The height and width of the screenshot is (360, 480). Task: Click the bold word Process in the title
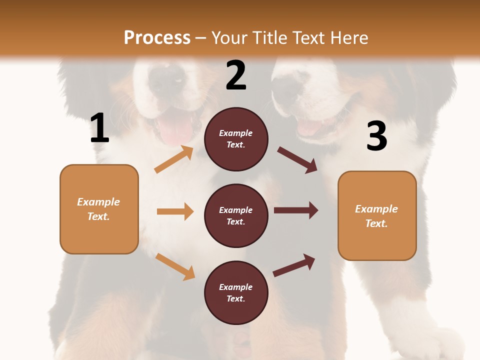[157, 37]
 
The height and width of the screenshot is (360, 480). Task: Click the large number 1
[99, 128]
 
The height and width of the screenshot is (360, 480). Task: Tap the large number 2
[236, 75]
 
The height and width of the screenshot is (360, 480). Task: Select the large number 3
[376, 136]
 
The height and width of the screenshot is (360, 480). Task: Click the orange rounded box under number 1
[99, 209]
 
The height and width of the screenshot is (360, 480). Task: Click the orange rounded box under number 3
[377, 215]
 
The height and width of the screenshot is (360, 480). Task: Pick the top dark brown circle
[236, 139]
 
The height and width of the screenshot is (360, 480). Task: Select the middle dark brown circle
[236, 215]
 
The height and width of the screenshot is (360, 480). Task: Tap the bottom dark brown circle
[236, 292]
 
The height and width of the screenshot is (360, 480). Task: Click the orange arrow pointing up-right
[174, 159]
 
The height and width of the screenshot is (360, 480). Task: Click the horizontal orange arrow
[175, 211]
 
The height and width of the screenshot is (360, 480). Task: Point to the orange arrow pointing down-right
[175, 266]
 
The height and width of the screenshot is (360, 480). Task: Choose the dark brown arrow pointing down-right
[297, 160]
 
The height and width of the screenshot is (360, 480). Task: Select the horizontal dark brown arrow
[296, 210]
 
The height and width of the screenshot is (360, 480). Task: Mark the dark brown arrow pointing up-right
[294, 265]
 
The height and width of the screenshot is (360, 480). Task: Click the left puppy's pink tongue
[175, 132]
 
